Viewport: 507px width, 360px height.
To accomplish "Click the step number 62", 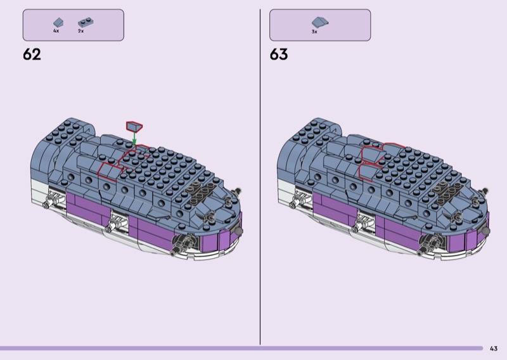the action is click(32, 55).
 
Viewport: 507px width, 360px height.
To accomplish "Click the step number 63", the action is click(279, 55).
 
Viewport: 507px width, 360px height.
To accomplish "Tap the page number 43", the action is click(494, 349).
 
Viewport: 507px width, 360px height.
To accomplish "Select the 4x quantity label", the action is click(56, 31).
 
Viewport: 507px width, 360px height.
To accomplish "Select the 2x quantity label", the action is click(81, 31).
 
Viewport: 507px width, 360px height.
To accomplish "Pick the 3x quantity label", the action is click(314, 32).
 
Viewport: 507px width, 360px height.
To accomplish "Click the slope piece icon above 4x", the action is click(58, 23).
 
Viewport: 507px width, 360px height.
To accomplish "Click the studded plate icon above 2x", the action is click(86, 22).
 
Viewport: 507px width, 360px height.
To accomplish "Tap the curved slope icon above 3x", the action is click(320, 22).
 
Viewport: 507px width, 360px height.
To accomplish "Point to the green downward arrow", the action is click(134, 138).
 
